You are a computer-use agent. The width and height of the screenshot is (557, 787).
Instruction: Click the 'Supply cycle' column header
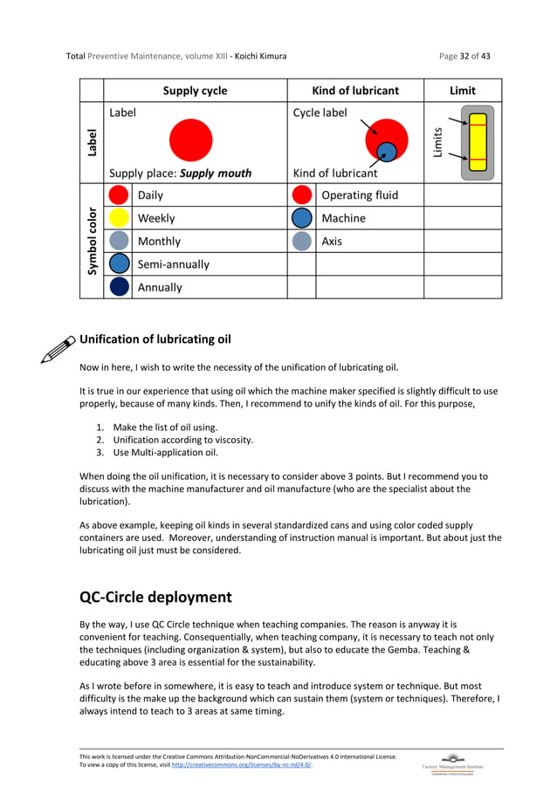point(195,91)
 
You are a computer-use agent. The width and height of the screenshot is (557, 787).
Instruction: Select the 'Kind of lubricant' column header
point(355,91)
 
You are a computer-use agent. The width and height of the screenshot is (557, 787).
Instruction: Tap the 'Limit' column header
point(462,91)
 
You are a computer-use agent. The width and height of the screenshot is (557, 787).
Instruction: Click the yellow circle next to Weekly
point(119,218)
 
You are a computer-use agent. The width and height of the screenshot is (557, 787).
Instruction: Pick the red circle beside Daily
point(119,195)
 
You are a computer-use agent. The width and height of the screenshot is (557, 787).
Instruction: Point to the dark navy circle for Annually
point(119,287)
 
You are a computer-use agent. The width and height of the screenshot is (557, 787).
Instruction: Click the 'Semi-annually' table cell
point(173,264)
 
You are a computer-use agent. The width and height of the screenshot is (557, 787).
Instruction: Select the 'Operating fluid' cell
point(359,195)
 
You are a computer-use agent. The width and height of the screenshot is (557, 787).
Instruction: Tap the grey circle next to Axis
point(302,241)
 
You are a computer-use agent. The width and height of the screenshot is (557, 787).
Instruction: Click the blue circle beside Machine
point(302,218)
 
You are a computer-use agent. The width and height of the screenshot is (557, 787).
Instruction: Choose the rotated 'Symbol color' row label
point(92,241)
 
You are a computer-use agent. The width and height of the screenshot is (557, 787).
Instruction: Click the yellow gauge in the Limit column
point(477,142)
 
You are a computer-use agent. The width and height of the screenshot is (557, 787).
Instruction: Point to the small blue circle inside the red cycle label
point(389,151)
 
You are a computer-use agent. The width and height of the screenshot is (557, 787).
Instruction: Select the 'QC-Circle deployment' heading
point(155,598)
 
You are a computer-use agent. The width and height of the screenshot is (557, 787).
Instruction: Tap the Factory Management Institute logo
point(452,761)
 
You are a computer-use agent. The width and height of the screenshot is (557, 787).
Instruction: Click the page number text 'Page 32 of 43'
point(464,57)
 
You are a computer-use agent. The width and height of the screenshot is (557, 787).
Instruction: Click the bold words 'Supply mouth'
point(215,173)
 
